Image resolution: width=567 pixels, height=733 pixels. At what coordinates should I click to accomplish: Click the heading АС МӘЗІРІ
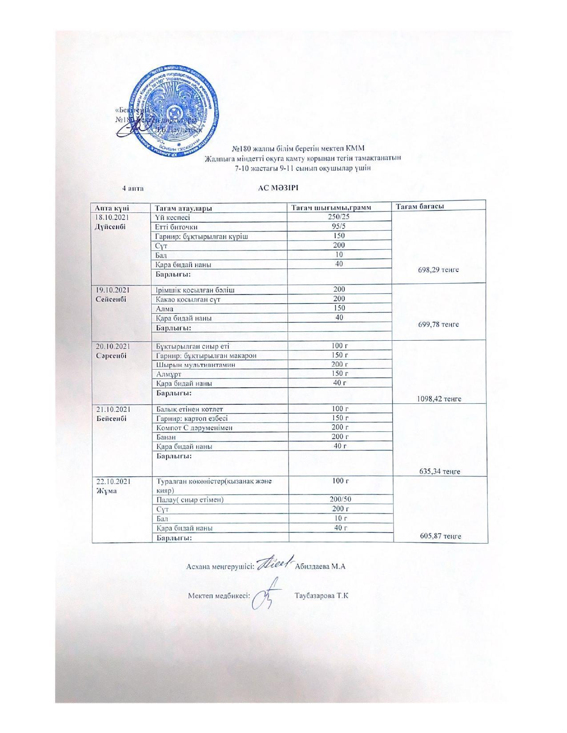278,187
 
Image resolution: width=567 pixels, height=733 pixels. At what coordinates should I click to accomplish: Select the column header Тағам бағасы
420,206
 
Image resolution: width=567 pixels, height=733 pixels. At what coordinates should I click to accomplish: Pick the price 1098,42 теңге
438,399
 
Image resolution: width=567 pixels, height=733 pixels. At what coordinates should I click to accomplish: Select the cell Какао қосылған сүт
188,299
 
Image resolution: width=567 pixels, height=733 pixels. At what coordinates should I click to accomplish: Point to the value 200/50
340,499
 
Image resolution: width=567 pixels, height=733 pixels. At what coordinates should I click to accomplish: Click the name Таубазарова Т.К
322,595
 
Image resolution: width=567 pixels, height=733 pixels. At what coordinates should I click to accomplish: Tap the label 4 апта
133,188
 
